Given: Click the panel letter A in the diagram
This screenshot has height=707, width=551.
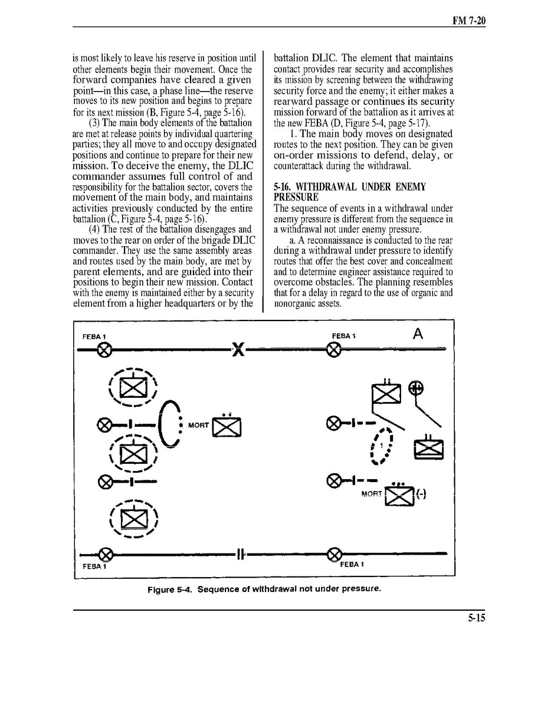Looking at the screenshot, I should pos(418,335).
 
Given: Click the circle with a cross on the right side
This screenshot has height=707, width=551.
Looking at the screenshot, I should pos(416,388).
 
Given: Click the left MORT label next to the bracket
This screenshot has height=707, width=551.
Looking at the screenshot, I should pos(198,425).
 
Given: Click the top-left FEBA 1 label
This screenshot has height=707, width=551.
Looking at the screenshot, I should pos(94,336).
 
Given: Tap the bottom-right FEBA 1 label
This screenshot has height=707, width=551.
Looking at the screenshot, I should pos(352,564).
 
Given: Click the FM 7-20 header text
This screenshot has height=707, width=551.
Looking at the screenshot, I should pos(469,21).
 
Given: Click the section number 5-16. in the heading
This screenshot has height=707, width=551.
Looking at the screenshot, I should pos(286,187).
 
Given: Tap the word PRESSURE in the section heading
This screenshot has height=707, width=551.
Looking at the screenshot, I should pos(296,197).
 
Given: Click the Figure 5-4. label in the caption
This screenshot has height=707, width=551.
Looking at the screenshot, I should pos(170,589).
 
